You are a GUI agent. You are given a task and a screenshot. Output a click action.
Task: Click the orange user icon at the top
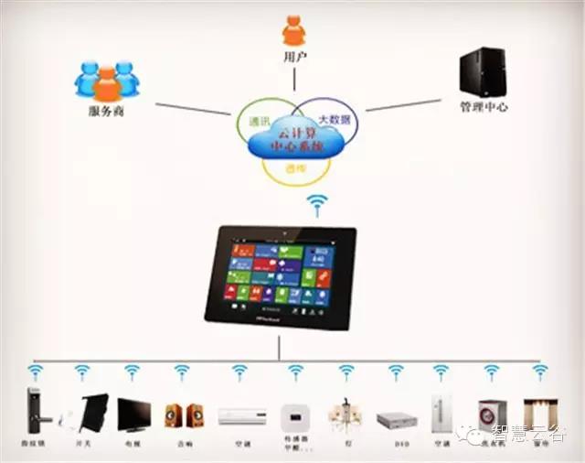pos(293,31)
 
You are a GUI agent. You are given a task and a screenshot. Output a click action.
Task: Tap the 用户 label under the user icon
pos(294,59)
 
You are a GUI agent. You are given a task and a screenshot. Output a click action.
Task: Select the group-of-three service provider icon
pos(107,81)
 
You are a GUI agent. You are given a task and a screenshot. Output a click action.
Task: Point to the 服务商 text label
pos(107,111)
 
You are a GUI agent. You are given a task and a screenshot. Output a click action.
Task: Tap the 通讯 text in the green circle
pos(260,121)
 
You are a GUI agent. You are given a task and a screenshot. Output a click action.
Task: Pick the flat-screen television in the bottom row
pos(134,413)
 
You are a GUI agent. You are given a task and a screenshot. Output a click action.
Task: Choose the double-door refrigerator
pos(443,413)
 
